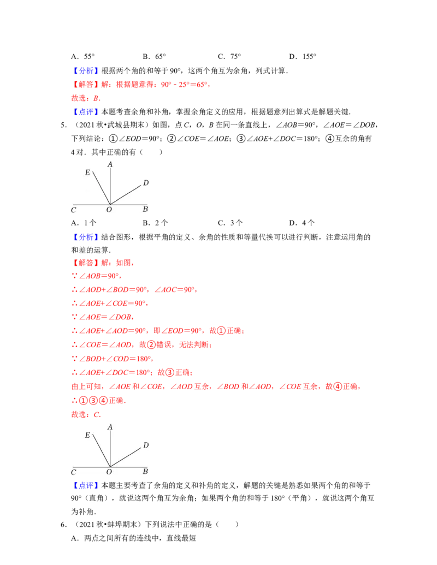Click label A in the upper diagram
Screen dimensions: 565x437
[x=110, y=164]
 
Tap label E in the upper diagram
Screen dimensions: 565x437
[x=87, y=173]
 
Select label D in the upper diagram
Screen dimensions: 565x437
[x=146, y=183]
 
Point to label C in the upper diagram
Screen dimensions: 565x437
[x=73, y=210]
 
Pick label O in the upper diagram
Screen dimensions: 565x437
[x=109, y=210]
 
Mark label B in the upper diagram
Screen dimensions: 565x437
[x=145, y=209]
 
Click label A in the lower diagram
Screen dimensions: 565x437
[x=110, y=427]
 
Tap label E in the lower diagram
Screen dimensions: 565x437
[x=87, y=435]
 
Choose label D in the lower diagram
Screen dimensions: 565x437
[x=146, y=445]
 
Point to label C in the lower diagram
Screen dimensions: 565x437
[x=73, y=472]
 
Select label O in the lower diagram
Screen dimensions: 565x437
[x=109, y=472]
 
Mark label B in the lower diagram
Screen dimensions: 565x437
[x=145, y=472]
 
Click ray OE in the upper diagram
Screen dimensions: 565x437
[x=101, y=188]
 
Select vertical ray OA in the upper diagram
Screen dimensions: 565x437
[x=110, y=186]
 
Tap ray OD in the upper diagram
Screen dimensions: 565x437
[x=126, y=195]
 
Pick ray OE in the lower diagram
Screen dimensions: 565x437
[x=101, y=451]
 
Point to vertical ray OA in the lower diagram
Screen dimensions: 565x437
[x=110, y=448]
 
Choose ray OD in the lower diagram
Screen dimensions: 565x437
[x=126, y=457]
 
